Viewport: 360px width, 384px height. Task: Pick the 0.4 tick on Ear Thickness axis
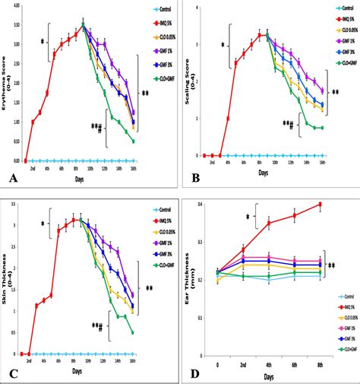click(x=201, y=205)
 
